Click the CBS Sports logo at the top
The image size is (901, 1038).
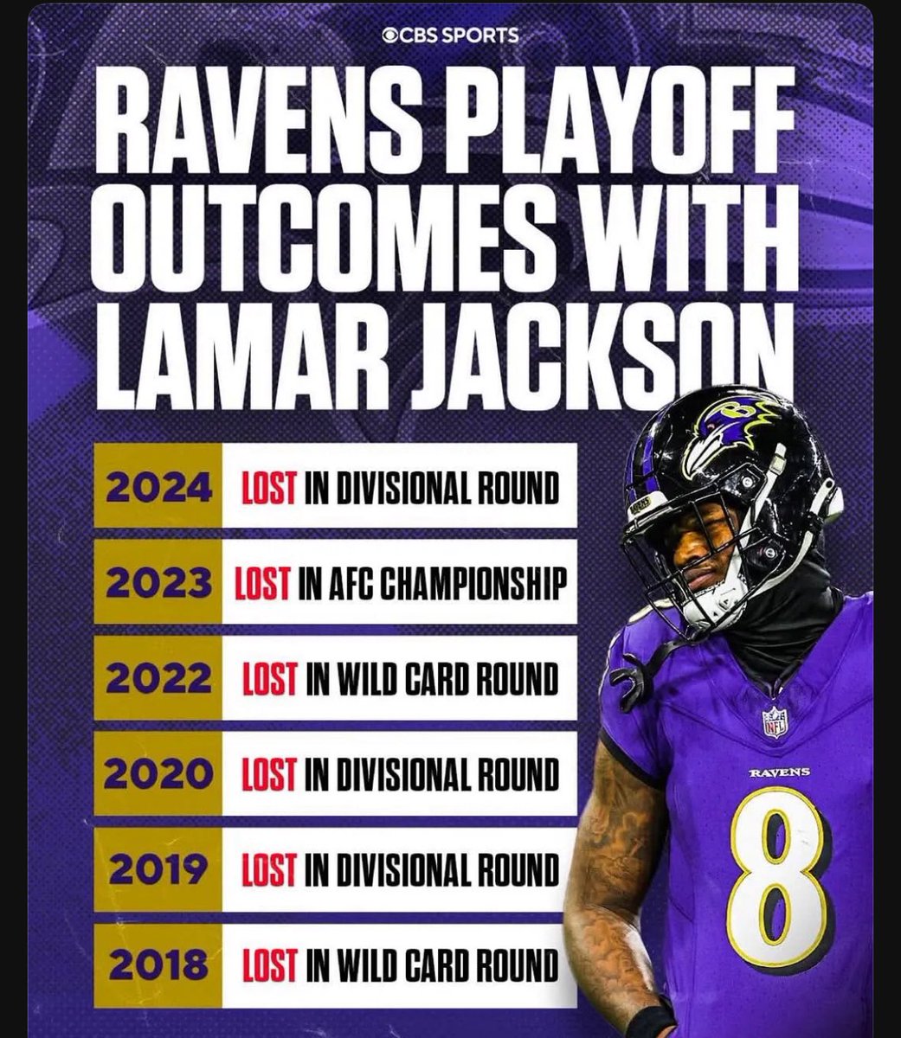tap(450, 35)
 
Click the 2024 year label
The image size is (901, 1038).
tap(158, 490)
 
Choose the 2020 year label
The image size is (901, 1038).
tap(158, 775)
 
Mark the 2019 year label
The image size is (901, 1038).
tap(158, 870)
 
